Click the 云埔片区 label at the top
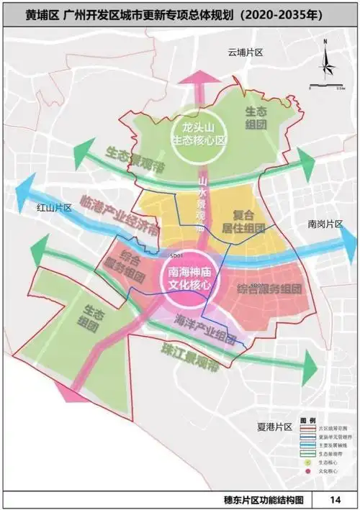tap(246, 53)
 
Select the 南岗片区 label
tap(325, 223)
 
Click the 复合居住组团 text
tap(248, 222)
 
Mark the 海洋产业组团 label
tap(204, 332)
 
